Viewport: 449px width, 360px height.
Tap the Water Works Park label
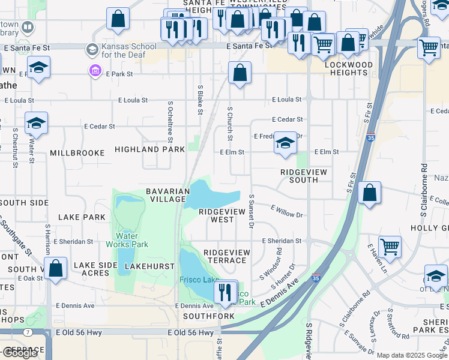(x=127, y=239)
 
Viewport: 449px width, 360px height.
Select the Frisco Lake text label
(x=199, y=280)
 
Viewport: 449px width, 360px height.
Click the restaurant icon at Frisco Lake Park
(x=225, y=292)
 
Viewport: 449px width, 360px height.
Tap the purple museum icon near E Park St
(x=95, y=71)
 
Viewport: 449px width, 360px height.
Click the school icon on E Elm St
(x=285, y=143)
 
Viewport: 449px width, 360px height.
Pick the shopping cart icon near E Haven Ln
(x=390, y=247)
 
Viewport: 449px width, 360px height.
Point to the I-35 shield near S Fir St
(x=371, y=137)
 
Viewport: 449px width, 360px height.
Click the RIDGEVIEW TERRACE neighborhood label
(x=225, y=256)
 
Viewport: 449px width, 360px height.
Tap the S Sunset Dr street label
(x=252, y=211)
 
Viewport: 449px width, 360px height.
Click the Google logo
(x=20, y=353)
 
